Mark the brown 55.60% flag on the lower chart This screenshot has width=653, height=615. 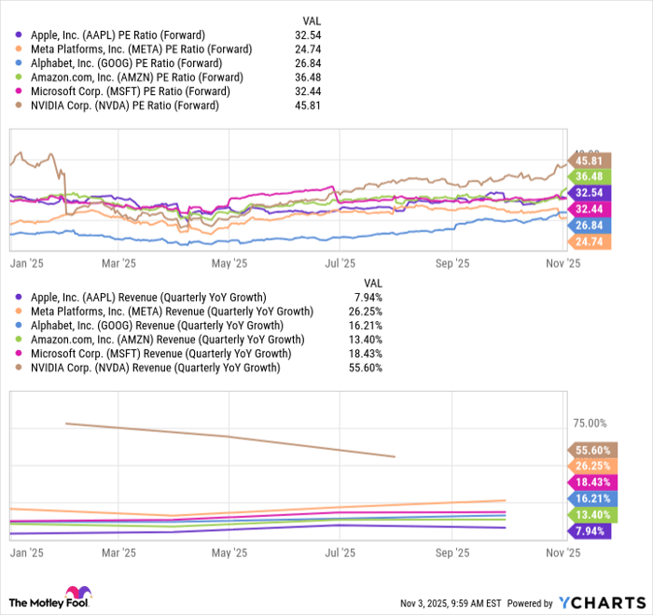590,450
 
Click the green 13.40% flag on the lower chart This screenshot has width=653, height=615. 590,514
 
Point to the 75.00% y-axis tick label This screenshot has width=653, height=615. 590,423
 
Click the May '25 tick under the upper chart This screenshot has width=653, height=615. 228,263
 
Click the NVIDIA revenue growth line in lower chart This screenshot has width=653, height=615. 233,437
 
